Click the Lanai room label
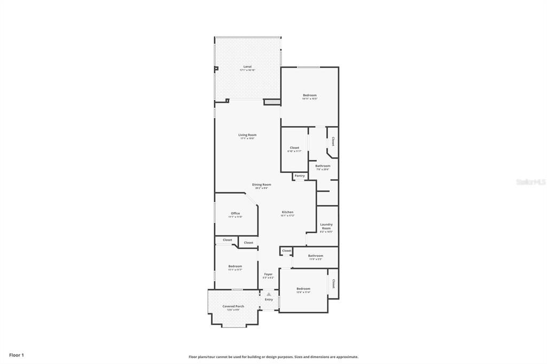coord(247,67)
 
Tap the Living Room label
coord(247,135)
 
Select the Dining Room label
coord(262,185)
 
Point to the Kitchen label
coord(287,212)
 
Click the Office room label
coord(235,213)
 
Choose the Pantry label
coord(300,176)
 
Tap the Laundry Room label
coord(326,226)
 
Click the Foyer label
coord(268,274)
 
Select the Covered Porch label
coord(233,306)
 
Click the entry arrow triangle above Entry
coord(269,294)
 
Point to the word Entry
coord(269,299)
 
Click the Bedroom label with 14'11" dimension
coord(310,95)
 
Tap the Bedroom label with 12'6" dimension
coord(303,289)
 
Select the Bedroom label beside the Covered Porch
coord(235,266)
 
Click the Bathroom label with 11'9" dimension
coord(315,256)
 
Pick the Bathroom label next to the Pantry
coord(323,166)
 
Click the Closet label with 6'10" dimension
coord(295,148)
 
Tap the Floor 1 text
coord(17,355)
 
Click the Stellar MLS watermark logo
coord(531,182)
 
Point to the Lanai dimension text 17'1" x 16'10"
coord(247,70)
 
